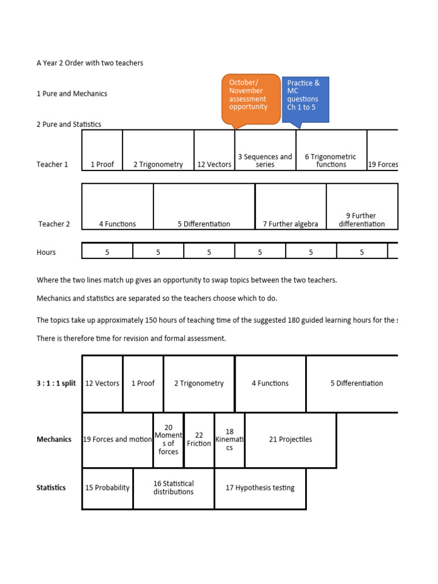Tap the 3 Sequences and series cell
[x=265, y=150]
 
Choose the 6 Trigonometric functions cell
[x=331, y=150]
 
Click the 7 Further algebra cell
[x=290, y=206]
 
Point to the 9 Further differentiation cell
[x=362, y=206]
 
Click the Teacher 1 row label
[x=52, y=165]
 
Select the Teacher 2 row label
[x=54, y=224]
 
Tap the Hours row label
[x=46, y=252]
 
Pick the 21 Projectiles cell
[x=290, y=440]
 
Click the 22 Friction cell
[x=198, y=440]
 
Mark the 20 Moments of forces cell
[x=168, y=440]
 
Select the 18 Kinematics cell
[x=229, y=440]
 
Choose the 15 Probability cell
[x=107, y=488]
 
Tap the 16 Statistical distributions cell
[x=173, y=488]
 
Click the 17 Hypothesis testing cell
[x=260, y=488]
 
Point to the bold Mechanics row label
[x=54, y=440]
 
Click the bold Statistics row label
[x=51, y=488]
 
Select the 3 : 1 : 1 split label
[x=56, y=383]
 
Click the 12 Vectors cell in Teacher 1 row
[x=214, y=150]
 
